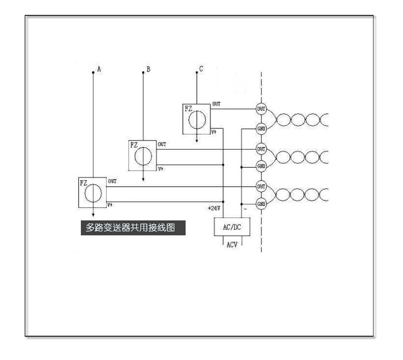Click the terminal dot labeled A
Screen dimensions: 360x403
[93, 72]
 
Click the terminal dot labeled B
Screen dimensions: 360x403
[143, 72]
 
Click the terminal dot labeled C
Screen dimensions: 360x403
[196, 72]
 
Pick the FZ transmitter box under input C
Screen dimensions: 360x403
[196, 118]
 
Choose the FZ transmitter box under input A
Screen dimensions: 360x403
[92, 192]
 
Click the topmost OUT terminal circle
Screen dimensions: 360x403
[261, 108]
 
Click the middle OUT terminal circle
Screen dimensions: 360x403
[261, 149]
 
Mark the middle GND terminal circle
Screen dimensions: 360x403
[261, 166]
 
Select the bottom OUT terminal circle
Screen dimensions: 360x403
[261, 186]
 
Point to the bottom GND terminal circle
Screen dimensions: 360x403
[261, 204]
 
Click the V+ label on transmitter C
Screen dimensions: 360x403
[214, 131]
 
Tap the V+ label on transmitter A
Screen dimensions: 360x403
[110, 205]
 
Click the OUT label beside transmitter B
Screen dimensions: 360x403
[162, 144]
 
